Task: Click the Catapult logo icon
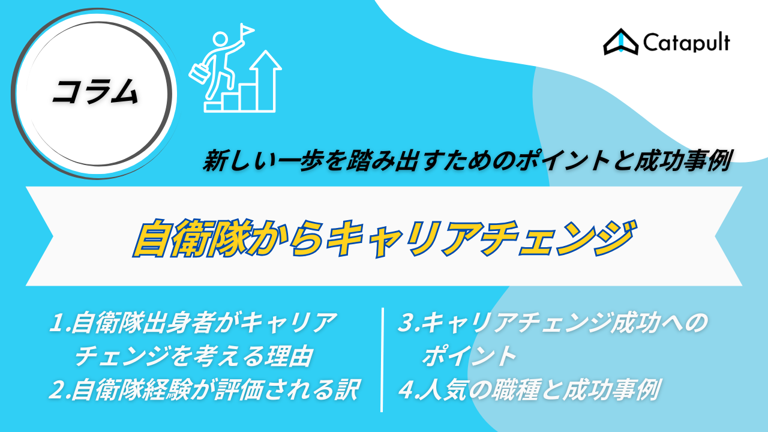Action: [620, 42]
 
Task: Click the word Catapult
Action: [686, 43]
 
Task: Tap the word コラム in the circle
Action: [95, 92]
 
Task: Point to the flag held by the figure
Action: [247, 30]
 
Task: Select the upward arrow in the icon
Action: [265, 80]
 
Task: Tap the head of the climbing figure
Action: [220, 39]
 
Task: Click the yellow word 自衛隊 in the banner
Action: [193, 238]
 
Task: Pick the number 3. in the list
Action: [409, 323]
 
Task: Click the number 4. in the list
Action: [409, 389]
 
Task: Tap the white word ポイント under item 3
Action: [469, 356]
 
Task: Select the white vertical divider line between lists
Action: [382, 359]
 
